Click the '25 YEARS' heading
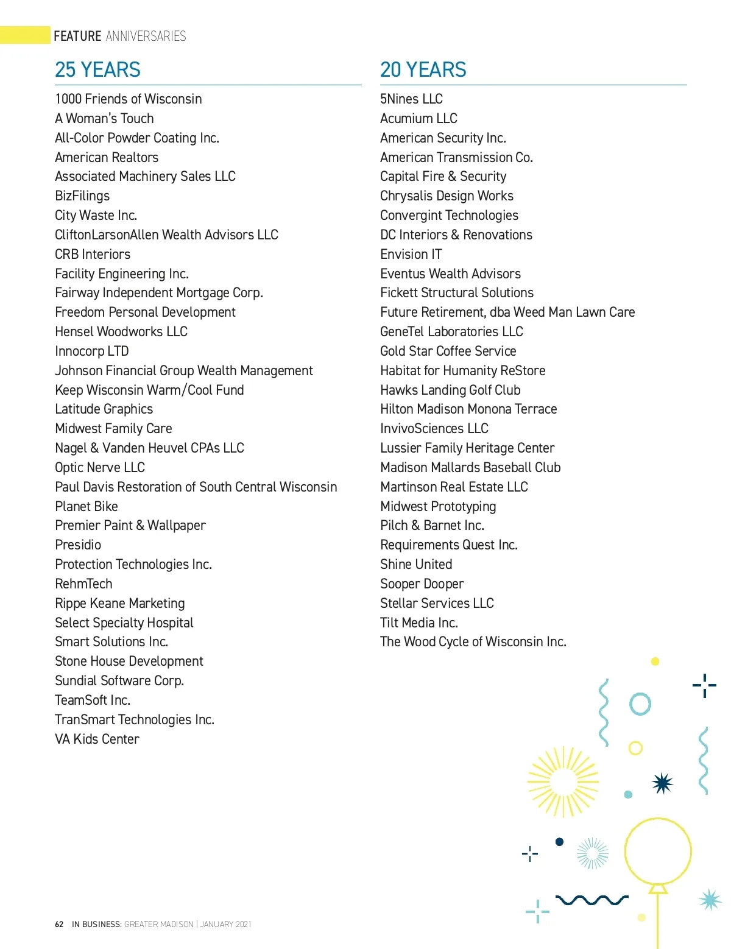97,70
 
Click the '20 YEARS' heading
423,70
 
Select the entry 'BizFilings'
82,196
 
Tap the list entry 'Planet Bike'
87,506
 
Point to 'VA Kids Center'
97,739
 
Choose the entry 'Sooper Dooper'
422,584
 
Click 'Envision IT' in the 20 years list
411,254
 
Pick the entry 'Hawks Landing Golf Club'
450,390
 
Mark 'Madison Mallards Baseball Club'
470,467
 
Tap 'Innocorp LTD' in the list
92,351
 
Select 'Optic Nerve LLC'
100,467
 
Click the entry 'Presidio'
78,545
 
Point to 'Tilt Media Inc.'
418,623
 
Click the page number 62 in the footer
59,924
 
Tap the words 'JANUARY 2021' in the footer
225,924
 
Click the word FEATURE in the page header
77,36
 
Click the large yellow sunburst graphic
563,781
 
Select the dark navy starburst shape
662,783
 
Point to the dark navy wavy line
592,900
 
